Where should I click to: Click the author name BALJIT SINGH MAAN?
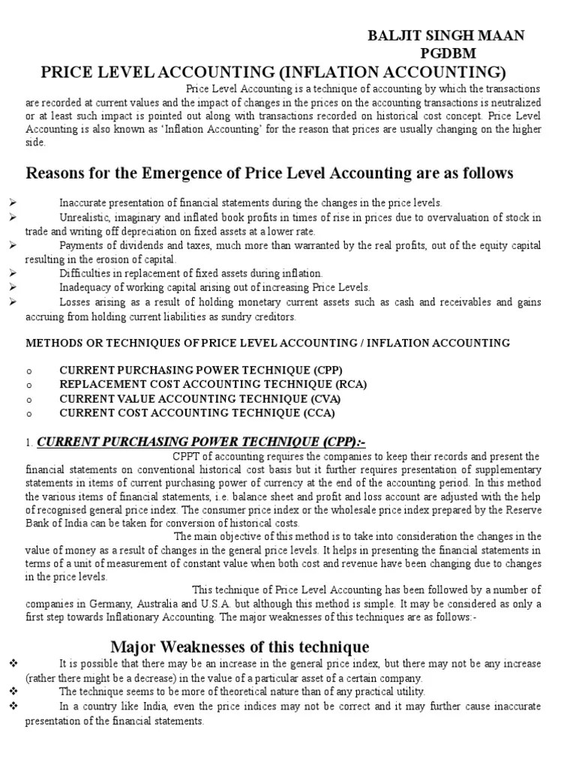coord(445,36)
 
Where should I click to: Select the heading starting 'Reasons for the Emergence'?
coord(270,173)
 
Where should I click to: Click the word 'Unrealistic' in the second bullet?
coord(85,217)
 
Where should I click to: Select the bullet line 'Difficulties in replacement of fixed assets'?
coord(191,274)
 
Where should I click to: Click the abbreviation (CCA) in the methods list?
coord(317,412)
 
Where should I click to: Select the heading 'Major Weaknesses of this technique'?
coord(240,646)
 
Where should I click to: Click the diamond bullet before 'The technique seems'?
coord(13,691)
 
